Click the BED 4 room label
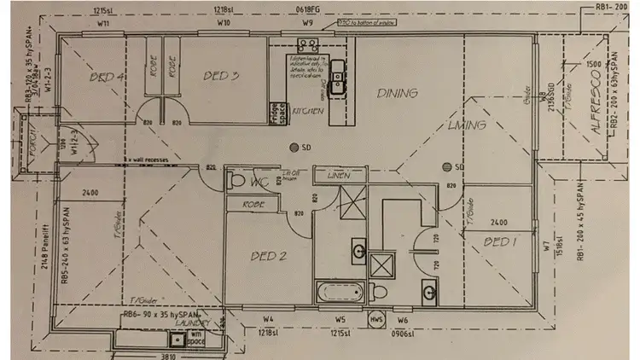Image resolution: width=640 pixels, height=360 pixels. tap(108, 78)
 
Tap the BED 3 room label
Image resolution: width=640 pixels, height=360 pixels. tap(220, 76)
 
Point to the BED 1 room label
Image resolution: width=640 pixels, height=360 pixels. tap(499, 243)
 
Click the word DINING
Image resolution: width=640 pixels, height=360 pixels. tap(397, 94)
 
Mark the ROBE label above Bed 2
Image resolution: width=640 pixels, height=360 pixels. tap(253, 205)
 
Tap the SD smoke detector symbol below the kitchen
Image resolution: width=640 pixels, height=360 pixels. tap(294, 146)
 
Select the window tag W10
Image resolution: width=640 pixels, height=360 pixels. tap(224, 24)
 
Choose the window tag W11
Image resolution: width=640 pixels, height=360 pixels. tap(103, 24)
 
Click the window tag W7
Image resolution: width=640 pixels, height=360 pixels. tap(544, 249)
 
